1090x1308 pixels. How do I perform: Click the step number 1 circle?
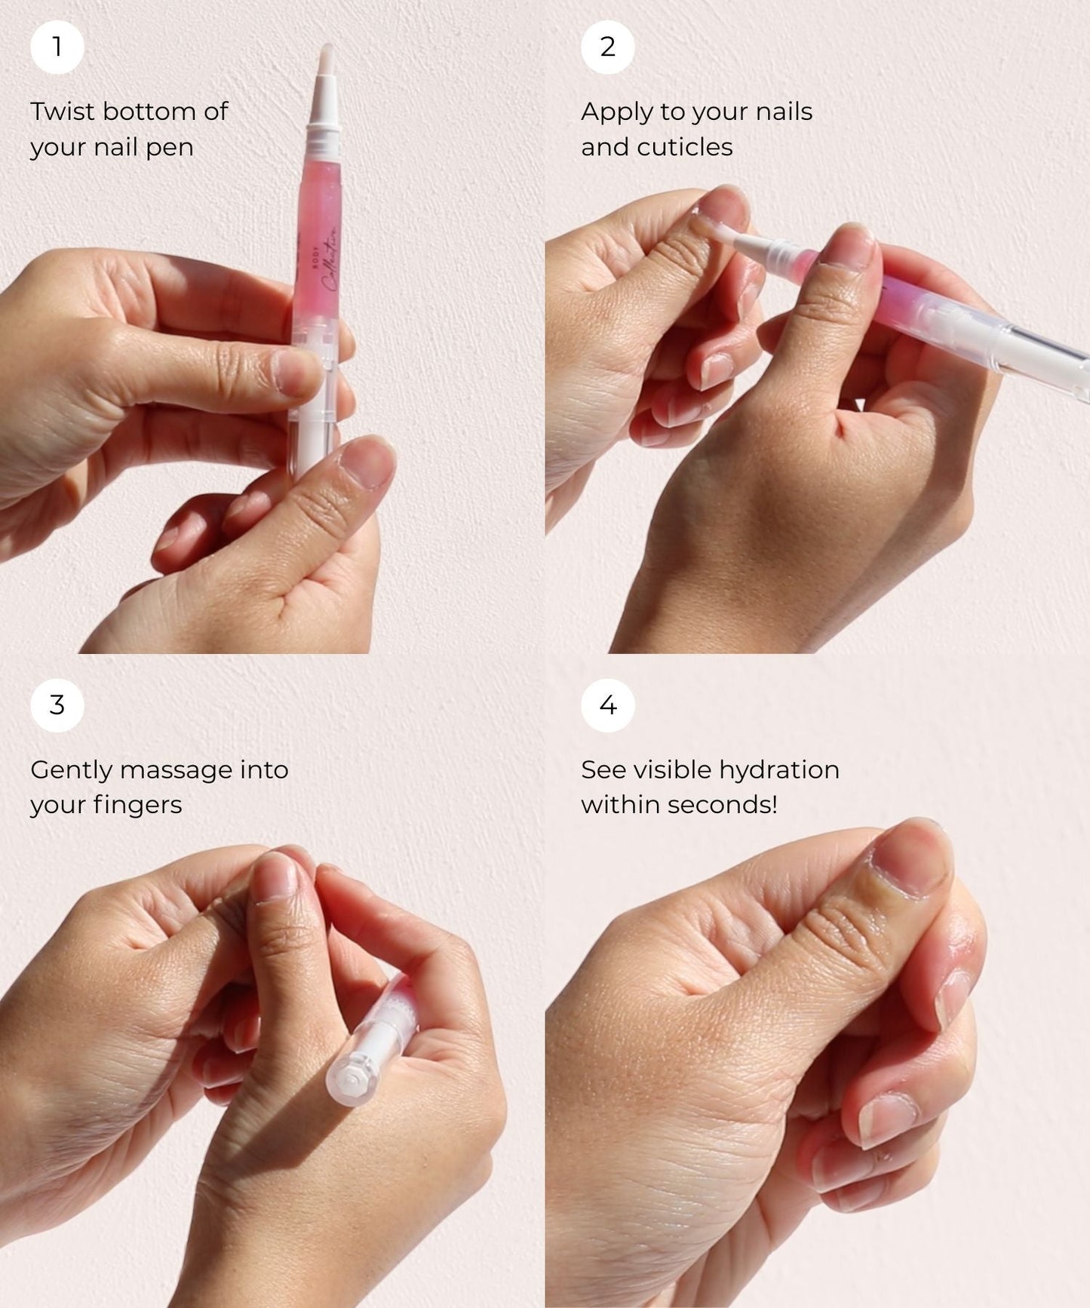(57, 48)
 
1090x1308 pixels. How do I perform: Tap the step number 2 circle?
(607, 48)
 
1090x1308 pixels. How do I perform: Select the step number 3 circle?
(57, 705)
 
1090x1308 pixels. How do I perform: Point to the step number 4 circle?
(607, 705)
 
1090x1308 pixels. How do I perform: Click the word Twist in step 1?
(63, 112)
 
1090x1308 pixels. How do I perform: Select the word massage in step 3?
(176, 770)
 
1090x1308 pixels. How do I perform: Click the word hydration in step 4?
(778, 770)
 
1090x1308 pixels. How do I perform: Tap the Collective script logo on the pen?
(330, 260)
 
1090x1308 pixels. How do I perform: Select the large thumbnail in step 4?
(911, 860)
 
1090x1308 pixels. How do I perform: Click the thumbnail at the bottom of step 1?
(368, 462)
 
